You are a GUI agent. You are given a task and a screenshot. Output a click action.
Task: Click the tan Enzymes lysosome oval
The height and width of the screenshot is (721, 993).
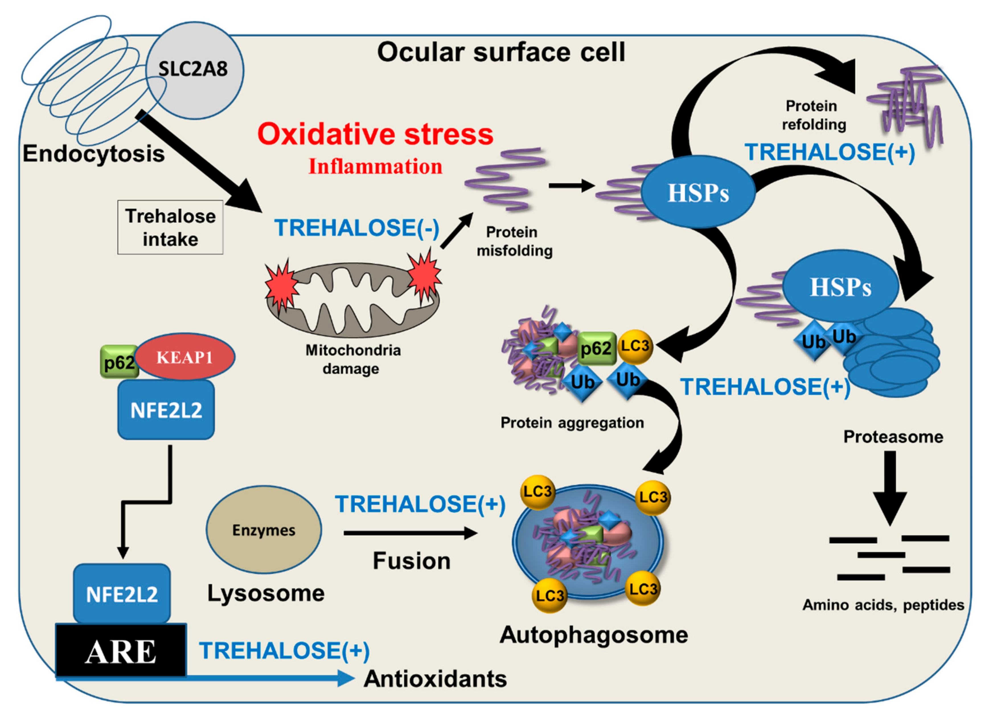[264, 530]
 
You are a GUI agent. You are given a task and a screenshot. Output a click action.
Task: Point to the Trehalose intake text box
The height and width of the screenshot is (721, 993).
[170, 227]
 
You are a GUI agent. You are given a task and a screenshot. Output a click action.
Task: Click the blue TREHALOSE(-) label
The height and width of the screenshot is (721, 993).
[356, 228]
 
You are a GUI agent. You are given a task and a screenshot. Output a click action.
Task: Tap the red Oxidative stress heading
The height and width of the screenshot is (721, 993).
[375, 134]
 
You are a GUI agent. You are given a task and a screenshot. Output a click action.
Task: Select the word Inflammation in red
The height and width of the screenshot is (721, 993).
[375, 167]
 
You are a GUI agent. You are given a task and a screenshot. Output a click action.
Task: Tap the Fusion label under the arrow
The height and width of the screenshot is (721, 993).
[412, 561]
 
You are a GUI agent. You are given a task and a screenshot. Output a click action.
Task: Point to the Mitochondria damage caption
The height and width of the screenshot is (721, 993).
[352, 359]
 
